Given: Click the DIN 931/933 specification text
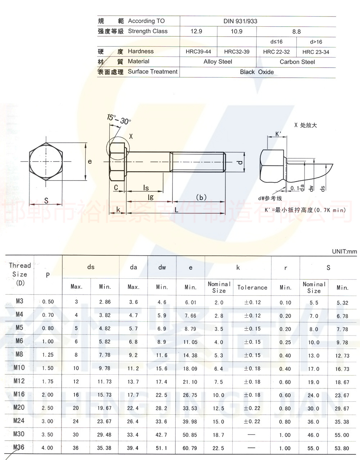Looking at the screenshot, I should [x=240, y=21].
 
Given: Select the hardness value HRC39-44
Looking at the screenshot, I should [x=198, y=52].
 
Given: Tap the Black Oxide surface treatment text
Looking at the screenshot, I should [x=257, y=72].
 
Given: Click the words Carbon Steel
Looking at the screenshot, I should [x=297, y=62].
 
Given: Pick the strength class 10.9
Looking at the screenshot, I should [x=236, y=32].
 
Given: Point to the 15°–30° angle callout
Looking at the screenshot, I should [x=119, y=119].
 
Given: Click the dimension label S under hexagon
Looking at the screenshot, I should [x=46, y=201].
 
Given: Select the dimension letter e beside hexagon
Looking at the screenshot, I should [x=90, y=161].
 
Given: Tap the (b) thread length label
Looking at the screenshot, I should [x=201, y=197].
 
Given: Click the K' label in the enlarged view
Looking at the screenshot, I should [x=278, y=134].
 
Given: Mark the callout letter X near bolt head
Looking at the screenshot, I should [x=131, y=136].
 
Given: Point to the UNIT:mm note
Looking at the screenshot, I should [x=344, y=251].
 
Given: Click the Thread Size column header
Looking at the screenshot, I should [x=20, y=274].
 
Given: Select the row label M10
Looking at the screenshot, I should [x=19, y=368].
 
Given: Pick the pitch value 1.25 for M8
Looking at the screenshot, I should [x=48, y=355].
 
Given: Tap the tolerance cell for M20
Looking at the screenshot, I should [x=252, y=408].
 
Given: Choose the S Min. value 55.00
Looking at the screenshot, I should [x=342, y=435].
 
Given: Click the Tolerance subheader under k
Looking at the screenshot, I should [x=252, y=287].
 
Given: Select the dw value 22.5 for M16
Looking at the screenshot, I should [x=161, y=395].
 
